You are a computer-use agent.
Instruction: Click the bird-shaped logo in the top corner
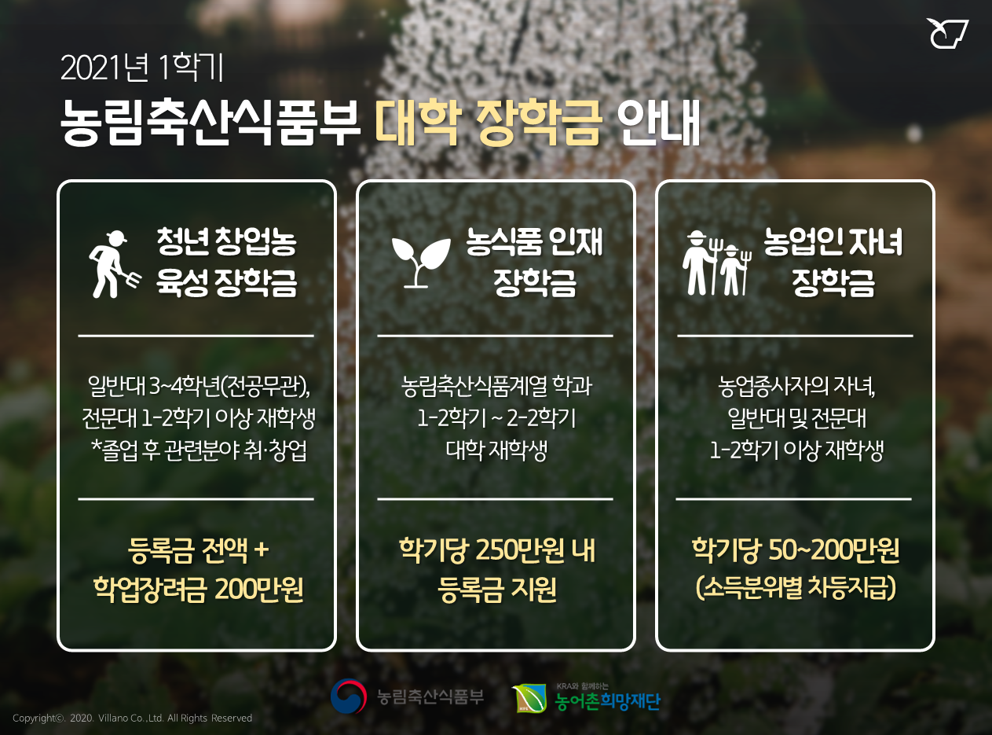click(946, 33)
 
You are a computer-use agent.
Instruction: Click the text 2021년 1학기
click(141, 68)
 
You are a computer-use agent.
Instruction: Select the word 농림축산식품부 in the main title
click(210, 122)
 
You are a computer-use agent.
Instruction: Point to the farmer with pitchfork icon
click(114, 264)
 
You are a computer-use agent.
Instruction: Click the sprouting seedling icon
click(420, 263)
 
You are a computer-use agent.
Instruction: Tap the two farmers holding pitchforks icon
click(716, 263)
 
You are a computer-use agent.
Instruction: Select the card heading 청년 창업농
click(226, 241)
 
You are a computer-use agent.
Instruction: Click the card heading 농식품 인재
click(534, 241)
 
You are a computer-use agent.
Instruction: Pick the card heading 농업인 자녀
click(833, 241)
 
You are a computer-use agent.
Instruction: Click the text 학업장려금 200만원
click(198, 589)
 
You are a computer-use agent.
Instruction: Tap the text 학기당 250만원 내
click(497, 549)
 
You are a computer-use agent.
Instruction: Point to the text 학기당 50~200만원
click(795, 549)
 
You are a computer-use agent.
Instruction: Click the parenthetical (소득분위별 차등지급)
click(796, 588)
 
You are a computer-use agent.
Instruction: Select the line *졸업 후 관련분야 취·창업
click(199, 450)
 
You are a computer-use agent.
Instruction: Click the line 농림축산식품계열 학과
click(496, 386)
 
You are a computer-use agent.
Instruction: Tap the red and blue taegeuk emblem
click(349, 696)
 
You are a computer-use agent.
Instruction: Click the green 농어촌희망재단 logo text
click(607, 701)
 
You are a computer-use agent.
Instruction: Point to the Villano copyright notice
click(133, 718)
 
